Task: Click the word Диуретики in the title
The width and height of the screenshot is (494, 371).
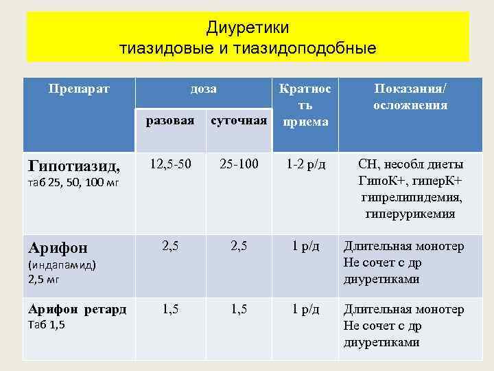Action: (247, 27)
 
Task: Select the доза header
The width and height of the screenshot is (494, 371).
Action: (204, 89)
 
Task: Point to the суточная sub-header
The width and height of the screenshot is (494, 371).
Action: (238, 121)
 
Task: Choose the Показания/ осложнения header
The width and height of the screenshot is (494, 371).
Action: (410, 97)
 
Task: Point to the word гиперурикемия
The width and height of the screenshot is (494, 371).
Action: (410, 214)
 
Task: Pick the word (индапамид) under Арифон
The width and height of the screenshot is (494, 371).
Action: (61, 265)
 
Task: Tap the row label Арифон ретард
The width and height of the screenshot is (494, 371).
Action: (76, 310)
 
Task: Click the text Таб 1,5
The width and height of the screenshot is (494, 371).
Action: (46, 325)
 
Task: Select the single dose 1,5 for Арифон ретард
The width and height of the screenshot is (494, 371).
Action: (171, 309)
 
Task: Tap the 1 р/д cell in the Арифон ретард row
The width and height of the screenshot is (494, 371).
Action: (305, 309)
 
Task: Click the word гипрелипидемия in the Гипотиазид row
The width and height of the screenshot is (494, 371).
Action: (411, 197)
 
